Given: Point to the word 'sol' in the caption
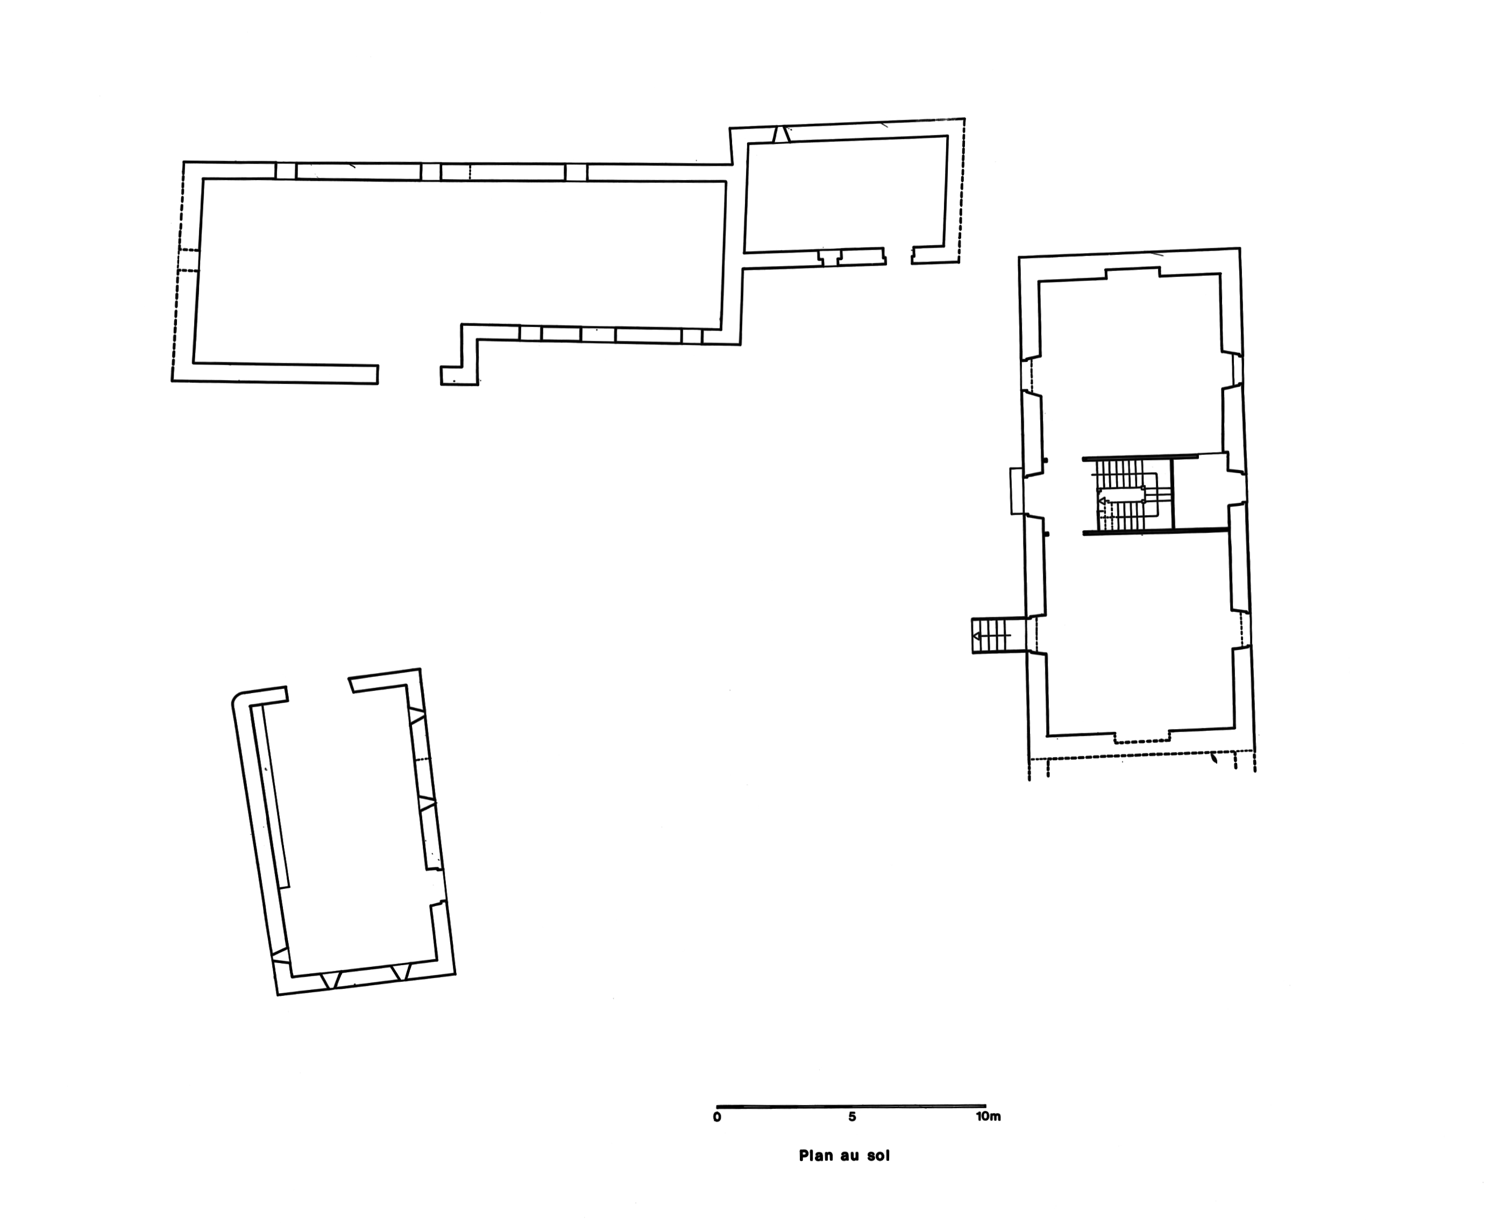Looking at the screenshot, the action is pos(879,1156).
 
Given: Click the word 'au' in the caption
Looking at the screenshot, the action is pos(849,1157).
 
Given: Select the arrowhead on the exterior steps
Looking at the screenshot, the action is pos(977,636).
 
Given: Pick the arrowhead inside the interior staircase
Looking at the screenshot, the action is pos(1102,501).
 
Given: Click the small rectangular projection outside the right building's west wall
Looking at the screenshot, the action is pos(1017,491).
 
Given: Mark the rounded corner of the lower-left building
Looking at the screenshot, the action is pos(237,698).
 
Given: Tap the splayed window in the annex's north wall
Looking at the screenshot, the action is pos(781,134).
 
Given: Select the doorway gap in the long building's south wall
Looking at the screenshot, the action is pos(410,375).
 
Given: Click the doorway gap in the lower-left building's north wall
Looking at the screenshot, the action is pos(318,687).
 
